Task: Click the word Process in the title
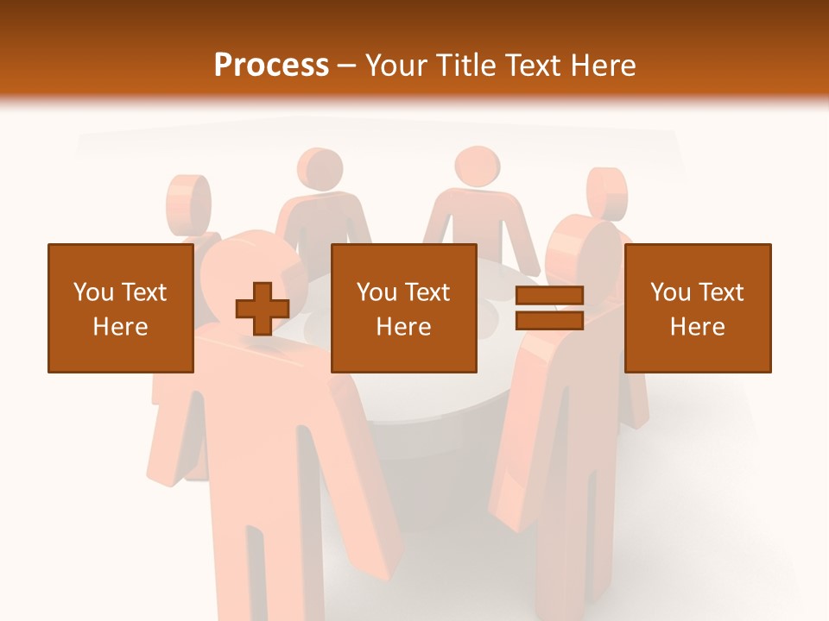pyautogui.click(x=271, y=66)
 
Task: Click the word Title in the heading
pyautogui.click(x=466, y=66)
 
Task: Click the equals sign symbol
pyautogui.click(x=549, y=308)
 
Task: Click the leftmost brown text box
pyautogui.click(x=120, y=308)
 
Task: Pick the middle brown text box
pyautogui.click(x=403, y=308)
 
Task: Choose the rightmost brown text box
pyautogui.click(x=697, y=308)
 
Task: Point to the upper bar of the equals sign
pyautogui.click(x=549, y=296)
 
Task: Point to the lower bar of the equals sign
pyautogui.click(x=549, y=320)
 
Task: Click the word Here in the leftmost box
pyautogui.click(x=120, y=327)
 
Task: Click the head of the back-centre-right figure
pyautogui.click(x=476, y=166)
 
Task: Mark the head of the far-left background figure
pyautogui.click(x=188, y=202)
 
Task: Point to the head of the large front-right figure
pyautogui.click(x=587, y=250)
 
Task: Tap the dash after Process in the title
pyautogui.click(x=347, y=66)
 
